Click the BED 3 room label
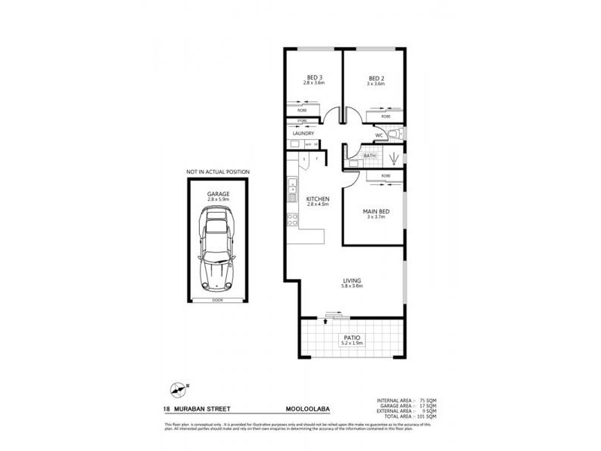[314, 77]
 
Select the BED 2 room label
[376, 77]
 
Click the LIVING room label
[352, 281]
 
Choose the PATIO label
[352, 338]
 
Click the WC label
[379, 135]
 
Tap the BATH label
[370, 156]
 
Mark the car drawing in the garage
[218, 247]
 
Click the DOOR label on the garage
[218, 299]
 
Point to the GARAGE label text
[218, 193]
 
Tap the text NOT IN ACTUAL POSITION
[218, 172]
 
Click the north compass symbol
[177, 389]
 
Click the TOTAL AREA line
[409, 416]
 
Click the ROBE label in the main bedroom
[385, 176]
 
